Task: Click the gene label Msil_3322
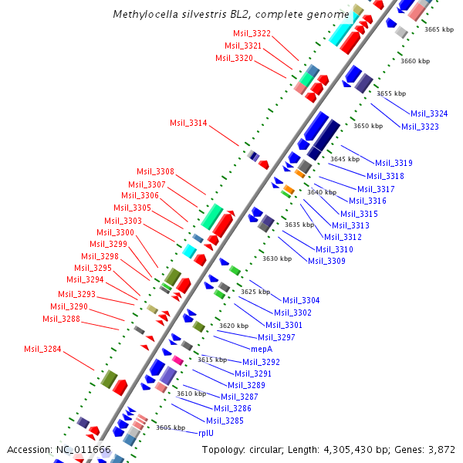pos(252,33)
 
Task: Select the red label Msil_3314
pos(188,123)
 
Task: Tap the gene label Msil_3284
pos(42,350)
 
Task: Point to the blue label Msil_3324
pos(429,113)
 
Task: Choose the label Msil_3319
pos(394,163)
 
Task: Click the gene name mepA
pos(261,349)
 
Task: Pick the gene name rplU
pos(205,433)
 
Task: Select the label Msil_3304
pos(301,300)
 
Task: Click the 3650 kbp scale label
pos(368,126)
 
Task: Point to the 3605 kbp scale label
pos(171,427)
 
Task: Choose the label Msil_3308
pos(156,171)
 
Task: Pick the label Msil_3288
pos(61,319)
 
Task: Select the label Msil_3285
pos(225,421)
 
